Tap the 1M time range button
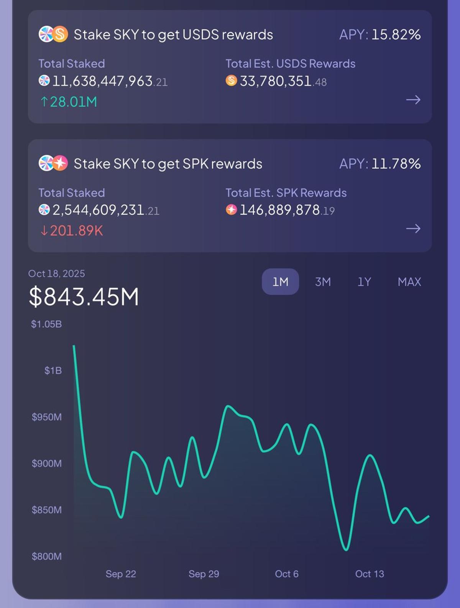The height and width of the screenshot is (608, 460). click(x=280, y=282)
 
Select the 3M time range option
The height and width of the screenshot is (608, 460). click(x=323, y=282)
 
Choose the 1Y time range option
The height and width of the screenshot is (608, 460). click(x=364, y=282)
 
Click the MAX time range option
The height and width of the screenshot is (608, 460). click(x=409, y=282)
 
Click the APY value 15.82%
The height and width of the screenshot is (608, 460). click(x=396, y=35)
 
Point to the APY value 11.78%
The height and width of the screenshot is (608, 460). click(x=396, y=164)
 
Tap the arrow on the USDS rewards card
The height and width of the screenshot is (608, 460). click(x=413, y=100)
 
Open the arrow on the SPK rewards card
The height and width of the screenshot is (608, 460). click(x=413, y=229)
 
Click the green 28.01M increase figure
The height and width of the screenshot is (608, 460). click(x=69, y=102)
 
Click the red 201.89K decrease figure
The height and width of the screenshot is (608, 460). click(x=72, y=231)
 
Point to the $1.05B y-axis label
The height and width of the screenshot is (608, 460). click(x=46, y=324)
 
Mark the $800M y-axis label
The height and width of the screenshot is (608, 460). click(x=46, y=556)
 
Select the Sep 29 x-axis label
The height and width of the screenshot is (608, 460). click(x=204, y=574)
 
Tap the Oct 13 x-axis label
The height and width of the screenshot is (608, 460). click(x=369, y=574)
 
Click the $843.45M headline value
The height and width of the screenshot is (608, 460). click(x=84, y=297)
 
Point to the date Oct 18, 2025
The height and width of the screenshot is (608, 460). click(x=56, y=274)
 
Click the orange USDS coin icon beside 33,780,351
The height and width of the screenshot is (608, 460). click(x=231, y=80)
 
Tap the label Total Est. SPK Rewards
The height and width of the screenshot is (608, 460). click(x=286, y=193)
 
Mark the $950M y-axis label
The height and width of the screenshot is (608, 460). click(x=46, y=417)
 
